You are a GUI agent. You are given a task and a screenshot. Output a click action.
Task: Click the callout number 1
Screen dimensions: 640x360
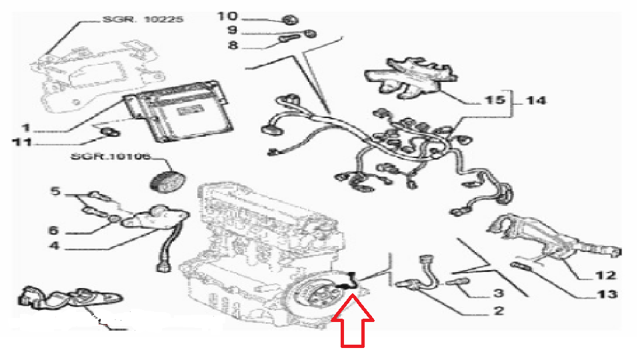coord(26,128)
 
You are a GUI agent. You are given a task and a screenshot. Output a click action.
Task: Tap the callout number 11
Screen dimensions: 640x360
coord(23,143)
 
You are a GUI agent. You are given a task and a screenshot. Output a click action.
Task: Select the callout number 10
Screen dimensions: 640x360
coord(227,16)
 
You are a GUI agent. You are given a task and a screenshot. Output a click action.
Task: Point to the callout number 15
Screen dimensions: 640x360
coord(495,99)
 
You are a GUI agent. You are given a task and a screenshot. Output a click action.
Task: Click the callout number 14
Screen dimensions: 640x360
coord(535,100)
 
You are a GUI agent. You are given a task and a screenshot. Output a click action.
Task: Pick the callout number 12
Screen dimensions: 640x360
coord(605,275)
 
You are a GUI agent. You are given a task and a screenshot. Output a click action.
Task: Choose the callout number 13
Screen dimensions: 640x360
coord(607,294)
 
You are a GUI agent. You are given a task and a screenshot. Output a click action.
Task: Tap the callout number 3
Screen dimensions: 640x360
coord(499,293)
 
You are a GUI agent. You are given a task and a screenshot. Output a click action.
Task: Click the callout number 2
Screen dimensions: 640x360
coord(499,311)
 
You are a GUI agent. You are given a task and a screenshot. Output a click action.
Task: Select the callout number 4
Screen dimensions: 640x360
coord(54,246)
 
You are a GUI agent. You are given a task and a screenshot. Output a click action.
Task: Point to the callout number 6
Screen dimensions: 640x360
coord(53,230)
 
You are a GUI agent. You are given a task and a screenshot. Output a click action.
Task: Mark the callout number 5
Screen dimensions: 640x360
coord(55,191)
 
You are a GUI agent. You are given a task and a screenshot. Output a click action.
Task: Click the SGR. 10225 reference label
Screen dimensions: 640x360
coord(143,19)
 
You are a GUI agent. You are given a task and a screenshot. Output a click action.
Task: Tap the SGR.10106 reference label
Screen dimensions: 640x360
coord(111,157)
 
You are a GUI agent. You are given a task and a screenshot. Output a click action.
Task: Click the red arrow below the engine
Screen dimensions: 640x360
coord(353,321)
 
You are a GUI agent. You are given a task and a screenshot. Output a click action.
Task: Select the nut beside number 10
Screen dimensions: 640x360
coord(290,19)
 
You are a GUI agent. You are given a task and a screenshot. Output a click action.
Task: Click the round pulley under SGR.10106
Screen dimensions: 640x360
coord(167,181)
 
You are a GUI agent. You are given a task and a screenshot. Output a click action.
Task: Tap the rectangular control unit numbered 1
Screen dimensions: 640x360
coord(178,111)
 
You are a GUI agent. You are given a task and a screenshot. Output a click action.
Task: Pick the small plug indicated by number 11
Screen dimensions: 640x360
coord(109,131)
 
